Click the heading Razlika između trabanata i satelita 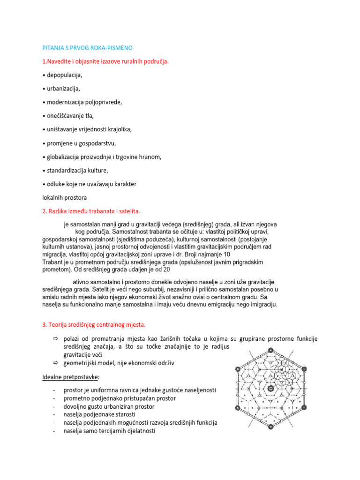click(x=92, y=211)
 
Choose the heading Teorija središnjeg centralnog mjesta click(x=94, y=324)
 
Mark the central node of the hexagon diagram click(x=270, y=389)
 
